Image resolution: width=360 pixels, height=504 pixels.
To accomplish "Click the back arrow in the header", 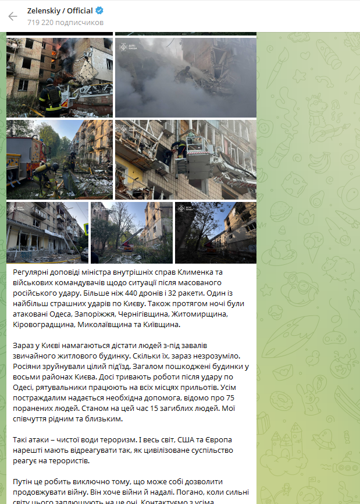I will [13, 16].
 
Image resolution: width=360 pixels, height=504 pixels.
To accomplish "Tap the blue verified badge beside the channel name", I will [99, 11].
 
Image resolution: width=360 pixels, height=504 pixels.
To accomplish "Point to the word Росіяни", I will [30, 367].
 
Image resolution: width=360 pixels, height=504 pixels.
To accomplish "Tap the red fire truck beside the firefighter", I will [19, 159].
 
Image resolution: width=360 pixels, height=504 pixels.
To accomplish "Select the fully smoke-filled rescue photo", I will [186, 77].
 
